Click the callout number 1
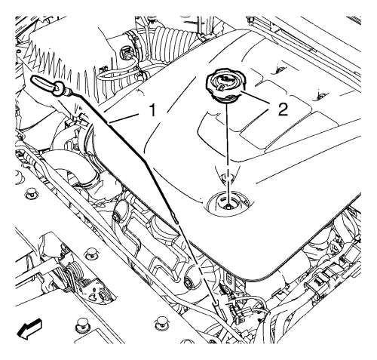pyautogui.click(x=152, y=111)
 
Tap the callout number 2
pyautogui.click(x=283, y=109)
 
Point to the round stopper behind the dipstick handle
pyautogui.click(x=58, y=89)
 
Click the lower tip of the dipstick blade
pyautogui.click(x=176, y=222)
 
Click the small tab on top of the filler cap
pyautogui.click(x=221, y=88)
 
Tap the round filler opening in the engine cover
pyautogui.click(x=228, y=202)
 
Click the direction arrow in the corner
pyautogui.click(x=29, y=328)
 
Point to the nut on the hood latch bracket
pyautogui.click(x=103, y=296)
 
